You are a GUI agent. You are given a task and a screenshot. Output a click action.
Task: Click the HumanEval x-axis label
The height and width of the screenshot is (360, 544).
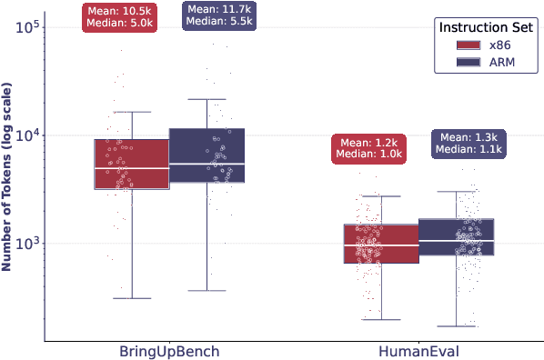418,350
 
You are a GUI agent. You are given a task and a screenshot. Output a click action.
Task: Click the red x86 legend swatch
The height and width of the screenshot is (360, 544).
468,45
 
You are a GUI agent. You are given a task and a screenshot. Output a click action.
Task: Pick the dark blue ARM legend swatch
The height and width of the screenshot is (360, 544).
468,62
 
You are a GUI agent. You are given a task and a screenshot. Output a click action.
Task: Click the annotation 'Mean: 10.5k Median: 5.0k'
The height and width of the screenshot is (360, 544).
118,17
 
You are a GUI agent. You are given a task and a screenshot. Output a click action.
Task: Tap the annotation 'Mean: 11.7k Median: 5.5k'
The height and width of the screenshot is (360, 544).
218,17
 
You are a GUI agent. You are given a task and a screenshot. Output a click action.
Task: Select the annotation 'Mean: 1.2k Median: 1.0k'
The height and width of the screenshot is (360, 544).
368,148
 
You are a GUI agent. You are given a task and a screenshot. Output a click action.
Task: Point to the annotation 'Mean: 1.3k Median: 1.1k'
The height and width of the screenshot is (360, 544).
468,143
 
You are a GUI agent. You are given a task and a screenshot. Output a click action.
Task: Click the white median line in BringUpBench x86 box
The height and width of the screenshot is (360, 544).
132,168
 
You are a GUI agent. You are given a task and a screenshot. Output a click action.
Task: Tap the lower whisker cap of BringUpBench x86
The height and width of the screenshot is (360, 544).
132,298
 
